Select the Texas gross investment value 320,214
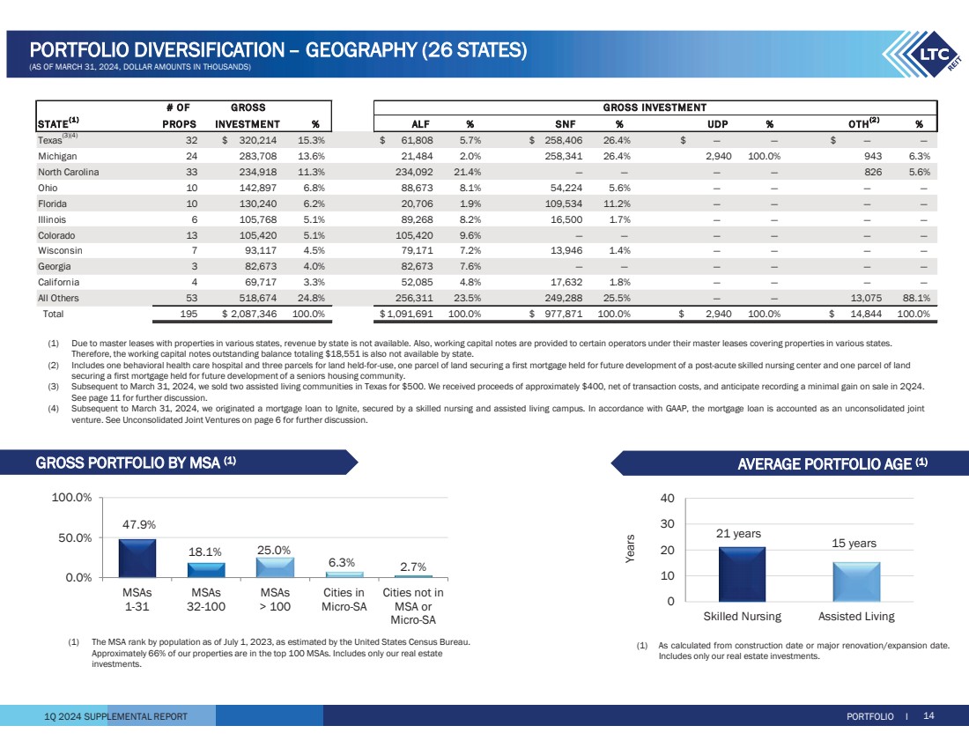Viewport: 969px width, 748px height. pos(255,140)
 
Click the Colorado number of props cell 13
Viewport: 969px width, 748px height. pos(190,235)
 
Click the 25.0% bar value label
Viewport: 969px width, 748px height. pos(274,550)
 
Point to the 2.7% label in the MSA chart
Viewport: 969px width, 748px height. pos(412,567)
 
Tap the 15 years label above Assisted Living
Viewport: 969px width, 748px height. pos(854,544)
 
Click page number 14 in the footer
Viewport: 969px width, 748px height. pos(928,716)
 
